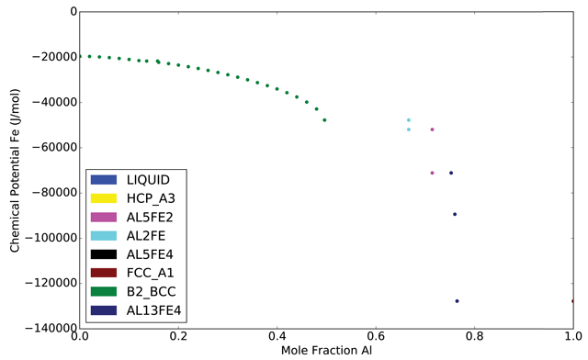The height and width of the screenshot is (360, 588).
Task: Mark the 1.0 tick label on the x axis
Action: (571, 337)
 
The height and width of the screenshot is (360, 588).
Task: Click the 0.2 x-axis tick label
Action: (179, 337)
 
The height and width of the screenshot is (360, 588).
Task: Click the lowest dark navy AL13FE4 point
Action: (457, 301)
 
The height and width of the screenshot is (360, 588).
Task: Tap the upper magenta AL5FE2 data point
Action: (433, 129)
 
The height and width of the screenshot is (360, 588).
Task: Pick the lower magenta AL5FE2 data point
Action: (432, 173)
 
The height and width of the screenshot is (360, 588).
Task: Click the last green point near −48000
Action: (324, 120)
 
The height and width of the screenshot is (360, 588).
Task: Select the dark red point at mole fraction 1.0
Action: (572, 301)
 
